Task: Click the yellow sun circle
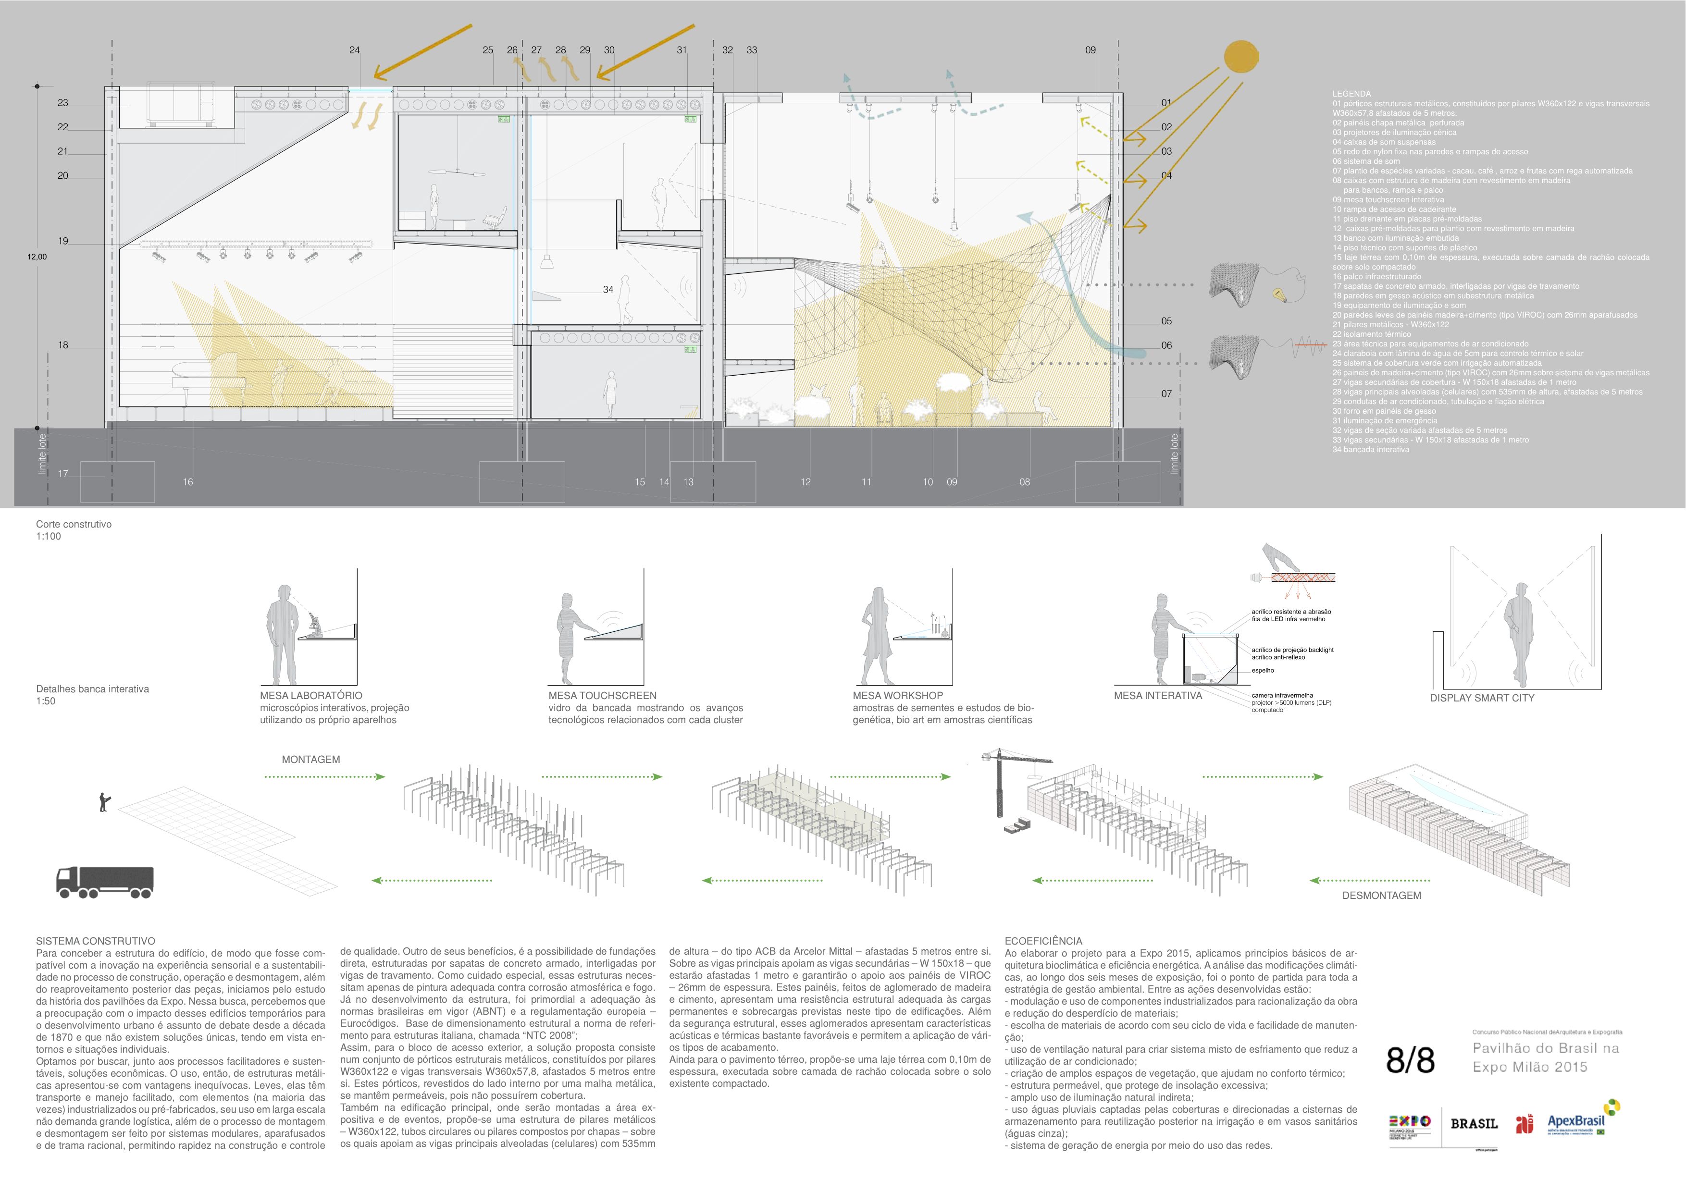pos(1241,57)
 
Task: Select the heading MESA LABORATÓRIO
pos(310,696)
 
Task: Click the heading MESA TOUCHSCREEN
pos(602,696)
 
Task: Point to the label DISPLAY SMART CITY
pos(1482,698)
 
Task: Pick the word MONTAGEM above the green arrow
pos(310,760)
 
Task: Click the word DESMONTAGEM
pos(1381,896)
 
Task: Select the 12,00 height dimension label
pos(37,257)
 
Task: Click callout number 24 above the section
pos(355,50)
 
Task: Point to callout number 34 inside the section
pos(608,290)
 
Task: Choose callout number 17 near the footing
pos(63,473)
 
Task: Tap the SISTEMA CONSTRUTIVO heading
pos(96,941)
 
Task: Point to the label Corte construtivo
pos(74,524)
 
